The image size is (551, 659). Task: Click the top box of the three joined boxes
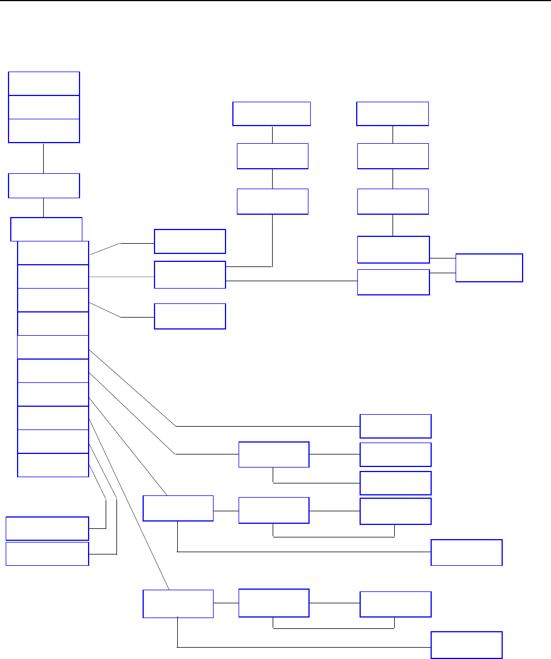point(44,84)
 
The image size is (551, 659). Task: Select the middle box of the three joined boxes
point(44,107)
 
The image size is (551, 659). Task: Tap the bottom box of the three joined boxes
point(44,131)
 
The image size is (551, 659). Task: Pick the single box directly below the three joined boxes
point(44,186)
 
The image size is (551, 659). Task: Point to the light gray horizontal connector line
point(122,277)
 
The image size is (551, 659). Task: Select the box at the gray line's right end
point(190,275)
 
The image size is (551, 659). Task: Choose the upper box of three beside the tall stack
point(190,241)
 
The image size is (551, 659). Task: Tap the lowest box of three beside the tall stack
point(190,316)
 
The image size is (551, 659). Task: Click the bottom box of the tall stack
point(53,465)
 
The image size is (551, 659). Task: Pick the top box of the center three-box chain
point(272,114)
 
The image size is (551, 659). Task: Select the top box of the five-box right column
point(392,114)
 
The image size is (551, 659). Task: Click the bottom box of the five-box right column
point(393,282)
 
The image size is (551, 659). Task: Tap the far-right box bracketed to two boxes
point(489,268)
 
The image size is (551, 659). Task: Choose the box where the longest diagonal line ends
point(178,603)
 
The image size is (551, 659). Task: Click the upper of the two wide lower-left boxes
point(47,528)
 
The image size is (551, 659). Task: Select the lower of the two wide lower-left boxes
point(47,554)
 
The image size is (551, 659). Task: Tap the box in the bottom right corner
point(466,645)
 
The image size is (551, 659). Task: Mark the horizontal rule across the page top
point(275,1)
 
